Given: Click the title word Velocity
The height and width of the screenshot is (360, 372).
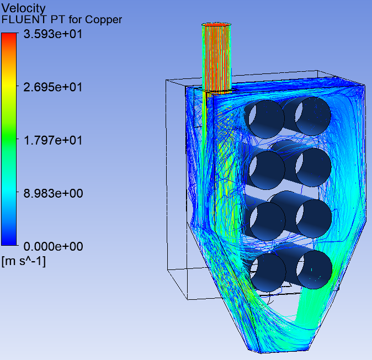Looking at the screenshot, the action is tap(23, 8).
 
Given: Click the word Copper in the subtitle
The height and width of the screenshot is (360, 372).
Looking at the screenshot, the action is tap(103, 20).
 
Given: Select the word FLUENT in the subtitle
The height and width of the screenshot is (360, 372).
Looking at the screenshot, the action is tap(24, 19).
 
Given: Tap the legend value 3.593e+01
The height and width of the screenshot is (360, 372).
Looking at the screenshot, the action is tap(53, 34).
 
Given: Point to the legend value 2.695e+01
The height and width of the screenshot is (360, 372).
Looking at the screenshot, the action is tap(53, 87).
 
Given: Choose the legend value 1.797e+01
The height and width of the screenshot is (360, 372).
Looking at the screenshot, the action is tap(53, 140).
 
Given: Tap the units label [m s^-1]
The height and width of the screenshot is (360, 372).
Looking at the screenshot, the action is tap(24, 261).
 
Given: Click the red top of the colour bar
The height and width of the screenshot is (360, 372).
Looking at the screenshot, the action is tap(9, 38).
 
